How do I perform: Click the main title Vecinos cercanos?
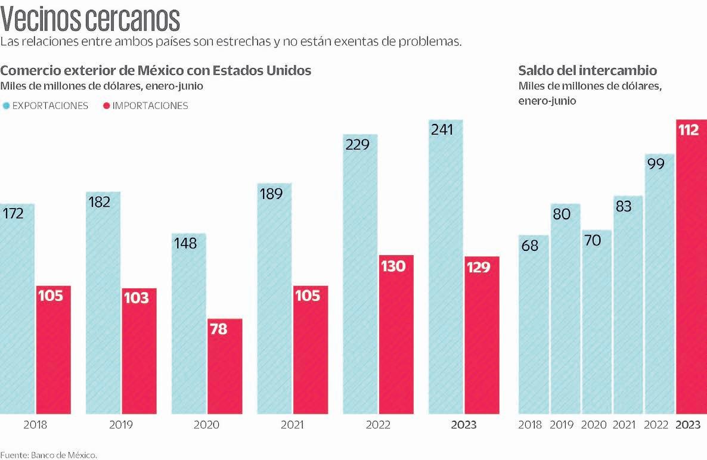[90, 19]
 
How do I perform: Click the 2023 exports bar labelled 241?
[446, 268]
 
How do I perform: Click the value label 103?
[137, 297]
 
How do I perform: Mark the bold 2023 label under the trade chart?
[464, 425]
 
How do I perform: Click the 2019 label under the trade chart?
[121, 425]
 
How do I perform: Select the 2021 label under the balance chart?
[624, 425]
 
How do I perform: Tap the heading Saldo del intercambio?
[588, 70]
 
